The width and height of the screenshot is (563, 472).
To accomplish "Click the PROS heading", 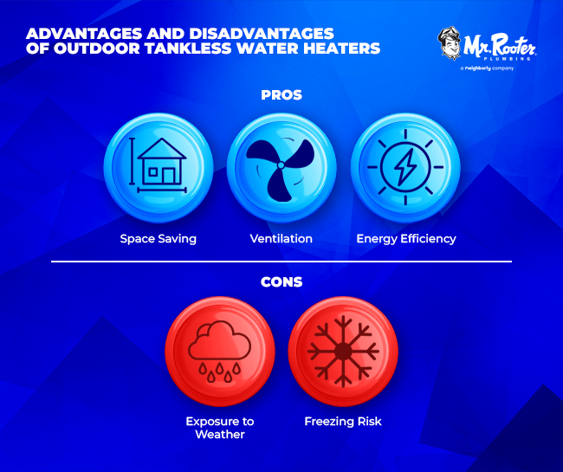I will [281, 94].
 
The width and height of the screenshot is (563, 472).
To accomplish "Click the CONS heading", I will [281, 281].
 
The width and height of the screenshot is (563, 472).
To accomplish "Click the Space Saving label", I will [158, 238].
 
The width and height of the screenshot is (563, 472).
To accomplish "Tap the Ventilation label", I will [281, 238].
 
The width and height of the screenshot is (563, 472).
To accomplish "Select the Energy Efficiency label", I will [406, 238].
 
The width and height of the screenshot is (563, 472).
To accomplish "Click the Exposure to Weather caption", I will [219, 428].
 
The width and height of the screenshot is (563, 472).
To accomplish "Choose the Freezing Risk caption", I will [343, 422].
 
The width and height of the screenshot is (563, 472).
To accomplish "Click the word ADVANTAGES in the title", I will [75, 33].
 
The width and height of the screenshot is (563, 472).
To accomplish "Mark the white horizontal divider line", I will [281, 262].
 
